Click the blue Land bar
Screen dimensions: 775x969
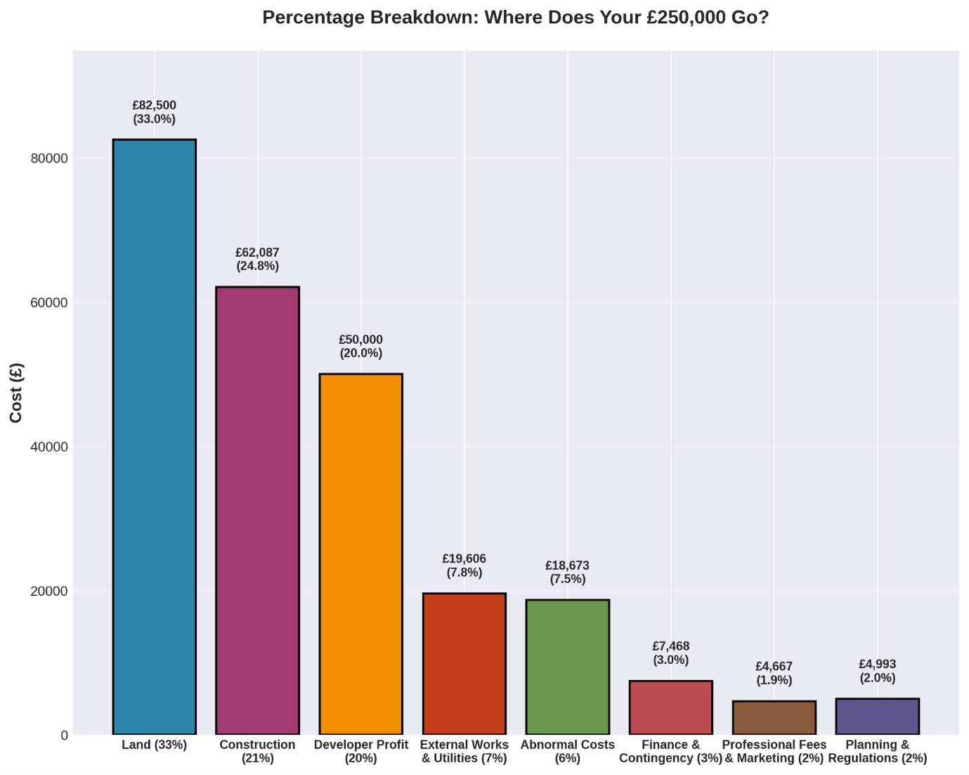155,437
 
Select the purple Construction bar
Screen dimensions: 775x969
258,511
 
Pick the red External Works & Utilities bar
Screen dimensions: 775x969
464,664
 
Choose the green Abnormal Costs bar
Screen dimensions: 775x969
568,667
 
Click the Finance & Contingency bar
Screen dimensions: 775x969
671,707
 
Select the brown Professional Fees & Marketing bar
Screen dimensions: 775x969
774,717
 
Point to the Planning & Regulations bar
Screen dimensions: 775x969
878,717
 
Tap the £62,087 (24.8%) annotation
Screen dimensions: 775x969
258,260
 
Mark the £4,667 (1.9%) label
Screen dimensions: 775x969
774,674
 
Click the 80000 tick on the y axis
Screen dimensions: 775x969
49,159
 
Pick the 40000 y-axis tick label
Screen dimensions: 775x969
49,447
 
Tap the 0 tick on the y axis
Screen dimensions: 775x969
65,736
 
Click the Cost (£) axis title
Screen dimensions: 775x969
17,393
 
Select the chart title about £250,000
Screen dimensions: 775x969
516,18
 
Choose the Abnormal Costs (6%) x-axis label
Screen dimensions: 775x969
568,751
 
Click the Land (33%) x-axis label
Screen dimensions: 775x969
155,745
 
